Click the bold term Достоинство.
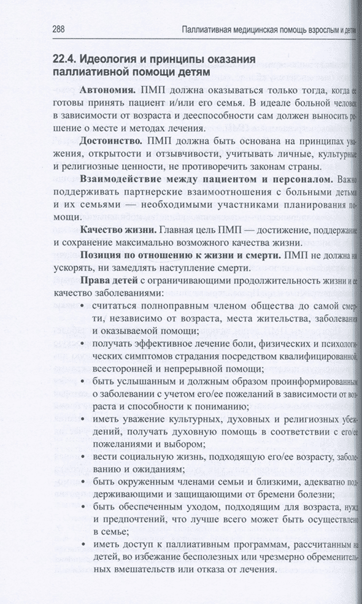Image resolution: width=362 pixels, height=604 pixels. pos(111,140)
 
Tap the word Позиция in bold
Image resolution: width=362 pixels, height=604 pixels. pos(100,254)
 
